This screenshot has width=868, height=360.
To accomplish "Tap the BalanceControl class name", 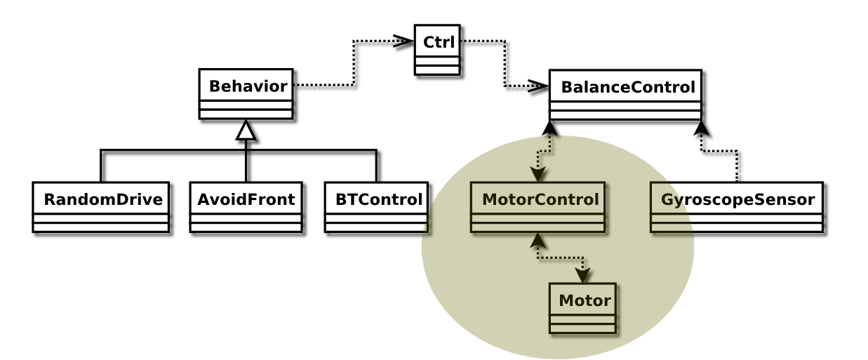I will [x=627, y=88].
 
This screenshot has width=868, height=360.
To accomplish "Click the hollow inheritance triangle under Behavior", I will [x=246, y=130].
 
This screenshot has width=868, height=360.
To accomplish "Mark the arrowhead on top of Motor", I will [x=583, y=275].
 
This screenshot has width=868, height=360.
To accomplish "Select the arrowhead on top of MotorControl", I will [x=538, y=175].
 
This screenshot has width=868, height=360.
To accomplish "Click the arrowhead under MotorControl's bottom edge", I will [x=538, y=240].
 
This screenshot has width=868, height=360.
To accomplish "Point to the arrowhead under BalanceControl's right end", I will [x=701, y=128].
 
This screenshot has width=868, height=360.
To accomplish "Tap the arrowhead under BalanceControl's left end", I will [x=550, y=128].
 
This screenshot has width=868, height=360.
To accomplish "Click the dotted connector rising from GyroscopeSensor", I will [x=736, y=166].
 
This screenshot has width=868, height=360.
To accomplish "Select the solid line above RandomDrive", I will [x=101, y=166].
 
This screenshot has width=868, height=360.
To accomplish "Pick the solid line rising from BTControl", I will [x=377, y=166].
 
